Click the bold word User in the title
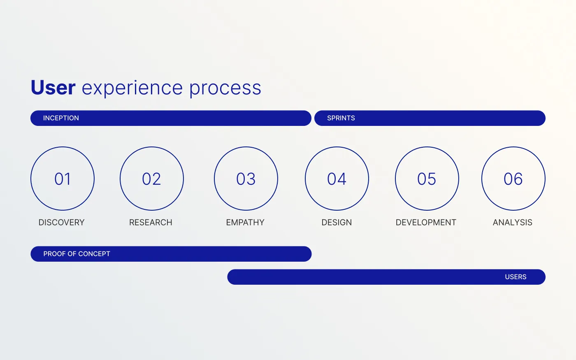point(53,88)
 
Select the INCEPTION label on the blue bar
point(61,118)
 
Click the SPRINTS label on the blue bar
point(341,118)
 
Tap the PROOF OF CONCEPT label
point(77,254)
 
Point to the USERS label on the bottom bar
point(516,276)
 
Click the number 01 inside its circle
point(63,179)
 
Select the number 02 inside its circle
point(151,179)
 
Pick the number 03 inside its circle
point(246,179)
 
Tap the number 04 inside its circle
point(337,179)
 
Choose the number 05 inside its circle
point(427,179)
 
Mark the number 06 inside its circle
point(513,179)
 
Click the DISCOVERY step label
point(61,223)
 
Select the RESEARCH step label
point(151,223)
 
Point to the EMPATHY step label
point(245,223)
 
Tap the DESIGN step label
point(337,223)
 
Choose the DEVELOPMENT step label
point(426,223)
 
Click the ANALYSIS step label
point(513,223)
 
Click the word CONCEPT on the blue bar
point(94,254)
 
